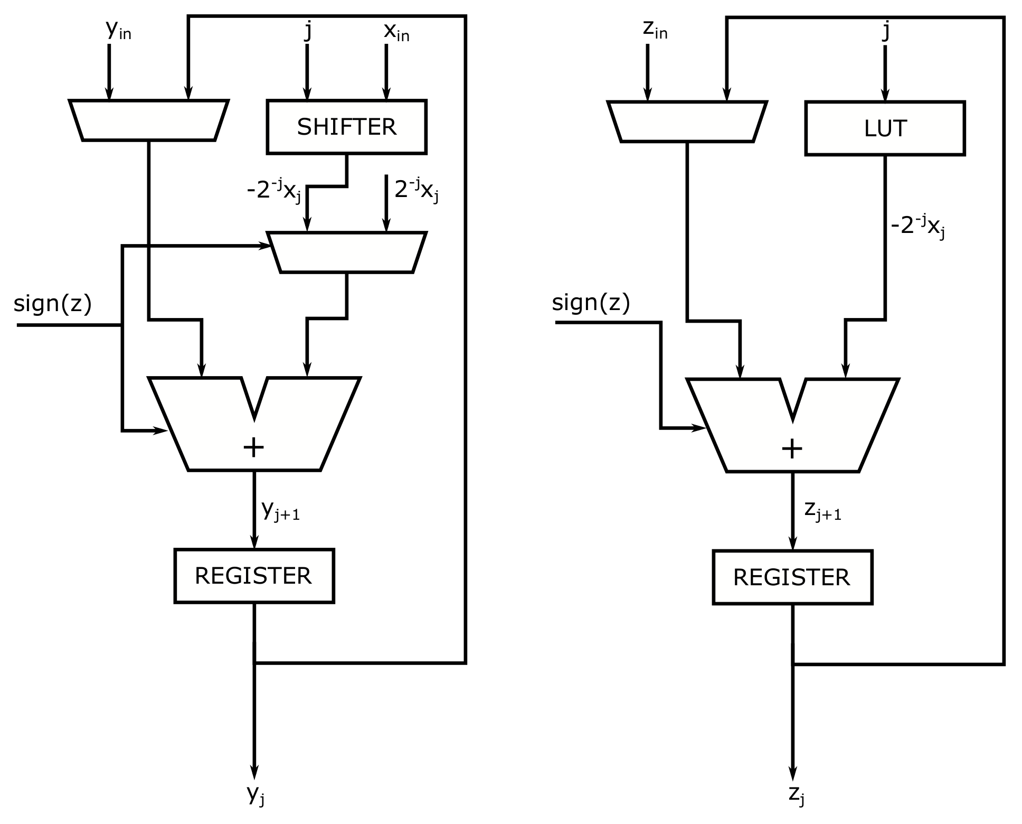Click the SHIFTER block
point(346,127)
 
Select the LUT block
point(885,128)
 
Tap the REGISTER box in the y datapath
point(254,575)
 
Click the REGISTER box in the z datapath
point(792,577)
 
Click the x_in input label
point(396,32)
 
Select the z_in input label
point(655,31)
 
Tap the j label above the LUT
point(886,31)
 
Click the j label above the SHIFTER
point(308,31)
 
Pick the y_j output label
point(256,795)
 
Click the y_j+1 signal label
point(280,510)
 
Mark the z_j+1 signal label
point(822,511)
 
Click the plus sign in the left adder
point(253,448)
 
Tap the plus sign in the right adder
point(792,449)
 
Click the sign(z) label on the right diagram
point(591,303)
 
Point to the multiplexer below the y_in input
point(149,120)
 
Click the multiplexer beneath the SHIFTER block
point(346,252)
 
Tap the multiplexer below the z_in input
point(687,121)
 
